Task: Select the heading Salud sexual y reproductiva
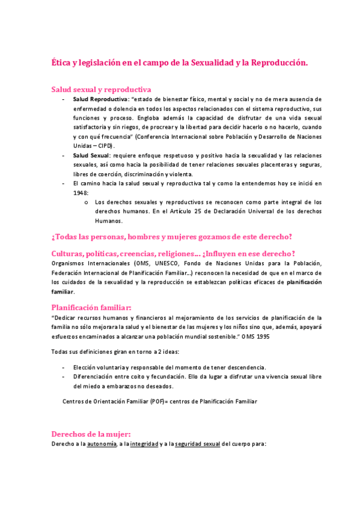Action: pos(101,89)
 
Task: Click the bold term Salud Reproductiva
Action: pos(100,99)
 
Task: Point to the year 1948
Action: pos(81,192)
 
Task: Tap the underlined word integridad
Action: pos(144,444)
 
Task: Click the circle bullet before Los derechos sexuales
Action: pos(88,202)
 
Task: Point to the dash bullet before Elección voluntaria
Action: pos(64,367)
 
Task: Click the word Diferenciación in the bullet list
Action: pos(94,376)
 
